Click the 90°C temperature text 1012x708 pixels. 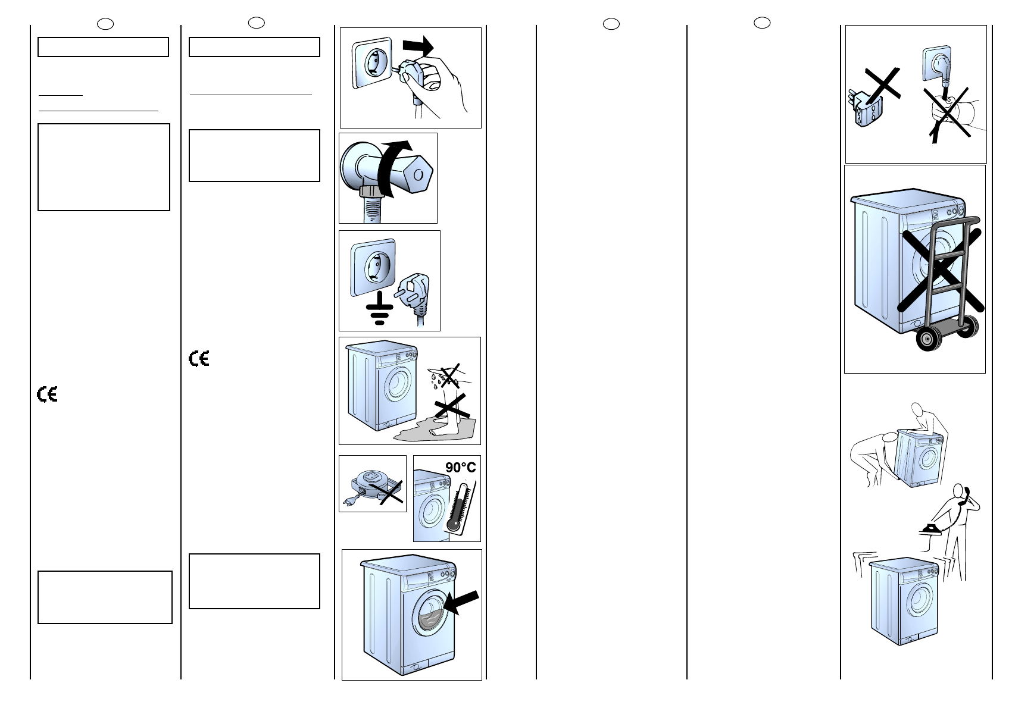tap(461, 468)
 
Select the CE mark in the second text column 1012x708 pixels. tap(199, 358)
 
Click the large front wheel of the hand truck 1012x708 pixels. tap(926, 340)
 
